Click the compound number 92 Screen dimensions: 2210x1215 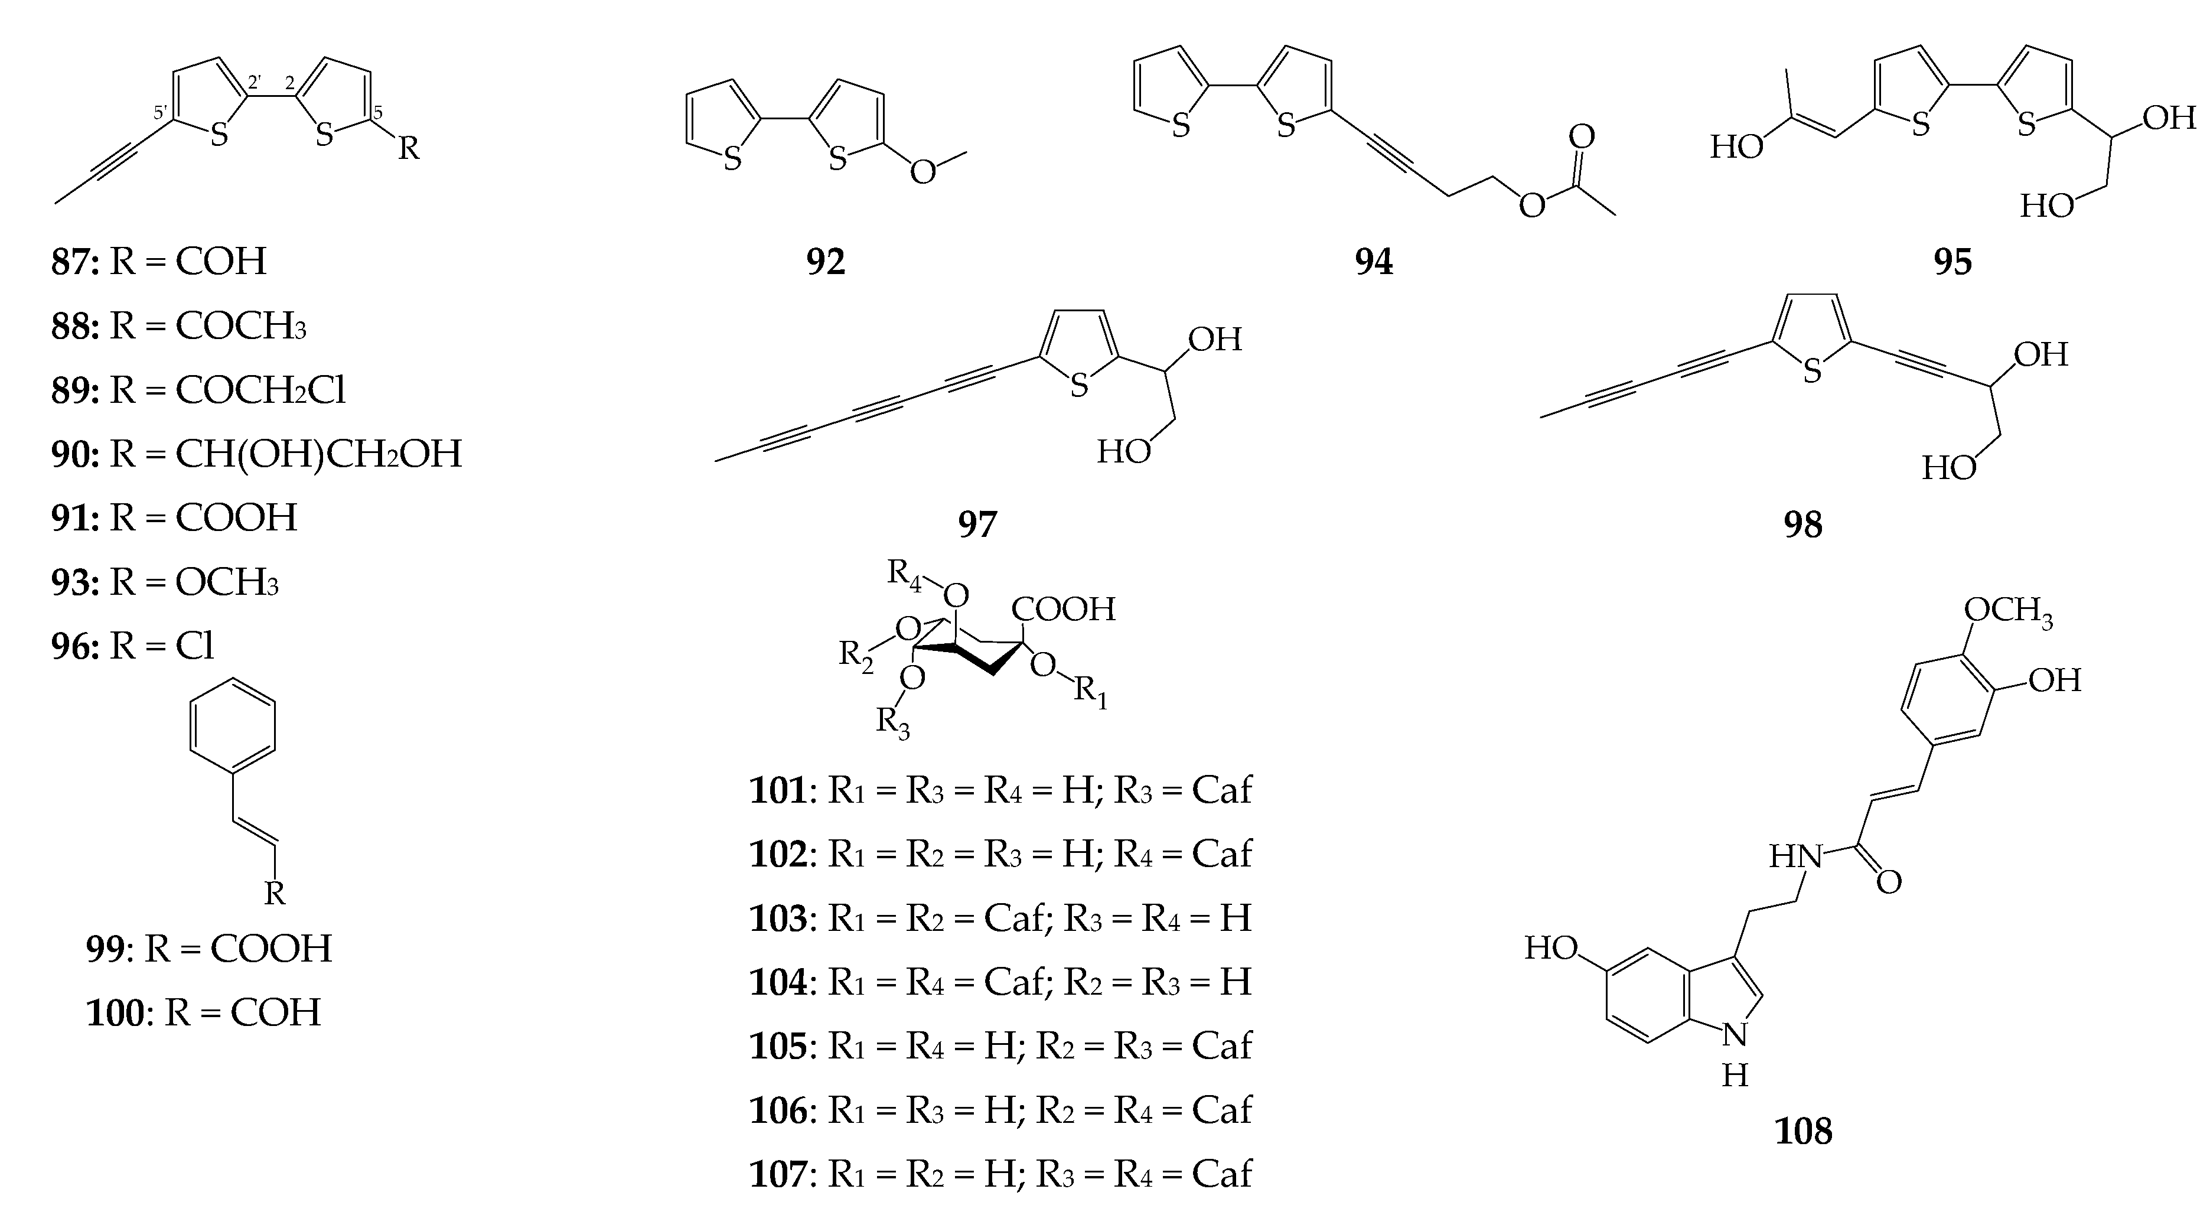[825, 262]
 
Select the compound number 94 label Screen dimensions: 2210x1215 [1374, 262]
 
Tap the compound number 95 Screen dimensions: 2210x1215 [1953, 262]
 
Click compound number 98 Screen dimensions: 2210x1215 [1802, 525]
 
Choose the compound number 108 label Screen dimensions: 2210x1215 [1802, 1131]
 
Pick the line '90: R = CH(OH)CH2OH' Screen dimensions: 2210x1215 [256, 454]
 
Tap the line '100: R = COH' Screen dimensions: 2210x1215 [203, 1012]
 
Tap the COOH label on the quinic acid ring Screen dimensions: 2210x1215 [1063, 609]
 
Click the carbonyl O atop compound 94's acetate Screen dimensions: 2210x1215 [1581, 137]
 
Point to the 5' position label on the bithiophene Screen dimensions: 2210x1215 [161, 112]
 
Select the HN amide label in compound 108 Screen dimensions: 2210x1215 [1795, 856]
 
